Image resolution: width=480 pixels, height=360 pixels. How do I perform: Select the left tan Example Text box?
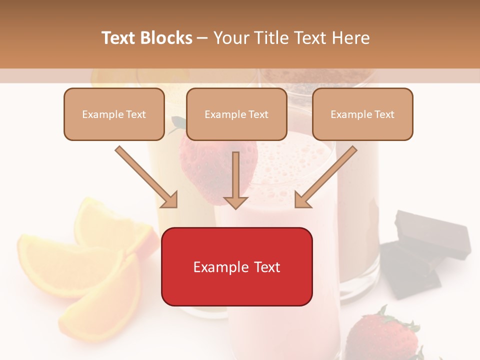click(114, 114)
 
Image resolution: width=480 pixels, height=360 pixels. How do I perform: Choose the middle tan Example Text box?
click(236, 114)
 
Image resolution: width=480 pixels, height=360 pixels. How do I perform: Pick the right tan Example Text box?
click(362, 114)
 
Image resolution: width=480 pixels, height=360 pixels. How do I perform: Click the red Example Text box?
click(237, 267)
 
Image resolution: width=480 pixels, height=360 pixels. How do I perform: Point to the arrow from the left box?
click(146, 177)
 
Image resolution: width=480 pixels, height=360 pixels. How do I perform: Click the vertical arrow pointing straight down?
click(235, 180)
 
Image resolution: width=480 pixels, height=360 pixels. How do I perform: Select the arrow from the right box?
click(326, 177)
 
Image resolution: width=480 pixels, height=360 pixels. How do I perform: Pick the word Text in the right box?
click(384, 114)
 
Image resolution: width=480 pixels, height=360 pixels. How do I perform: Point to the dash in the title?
click(202, 38)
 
